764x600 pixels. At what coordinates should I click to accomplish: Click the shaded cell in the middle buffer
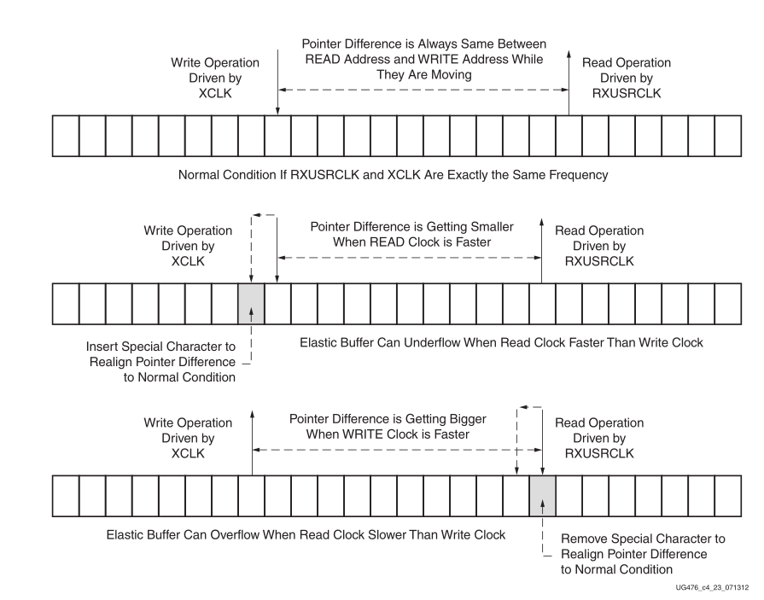pyautogui.click(x=251, y=303)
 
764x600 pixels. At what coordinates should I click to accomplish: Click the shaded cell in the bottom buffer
pyautogui.click(x=542, y=494)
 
